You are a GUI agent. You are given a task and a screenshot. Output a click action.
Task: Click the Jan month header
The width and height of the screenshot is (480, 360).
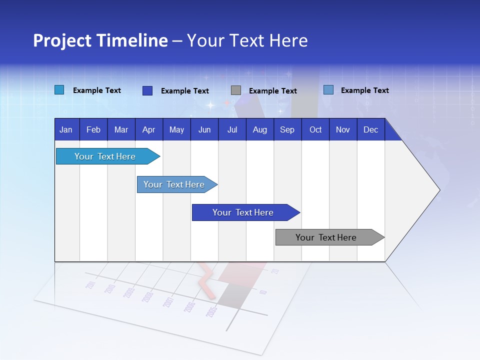point(66,130)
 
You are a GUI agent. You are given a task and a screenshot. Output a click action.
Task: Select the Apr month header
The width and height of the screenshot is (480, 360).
point(148,130)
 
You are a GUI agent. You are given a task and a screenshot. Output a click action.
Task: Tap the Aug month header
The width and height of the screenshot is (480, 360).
point(259,130)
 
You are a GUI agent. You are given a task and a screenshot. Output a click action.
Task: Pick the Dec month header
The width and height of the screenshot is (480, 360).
point(370,130)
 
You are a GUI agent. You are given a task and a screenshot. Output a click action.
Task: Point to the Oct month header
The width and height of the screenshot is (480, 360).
point(315,130)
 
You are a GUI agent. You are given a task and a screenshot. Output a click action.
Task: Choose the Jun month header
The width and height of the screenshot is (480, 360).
point(204,130)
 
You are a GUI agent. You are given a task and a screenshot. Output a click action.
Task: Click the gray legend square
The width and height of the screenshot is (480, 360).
point(236,90)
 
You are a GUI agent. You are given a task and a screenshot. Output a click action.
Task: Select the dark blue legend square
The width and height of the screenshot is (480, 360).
point(147,90)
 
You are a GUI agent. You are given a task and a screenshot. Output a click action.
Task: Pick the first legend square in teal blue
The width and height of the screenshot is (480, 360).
point(59,90)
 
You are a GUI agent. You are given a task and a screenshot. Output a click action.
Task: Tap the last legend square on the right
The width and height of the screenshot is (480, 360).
point(328,90)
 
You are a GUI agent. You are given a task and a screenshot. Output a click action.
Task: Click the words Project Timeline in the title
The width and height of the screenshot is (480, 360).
point(100,40)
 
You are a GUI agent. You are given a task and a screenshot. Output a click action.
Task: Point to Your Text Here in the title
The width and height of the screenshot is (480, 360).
point(247,40)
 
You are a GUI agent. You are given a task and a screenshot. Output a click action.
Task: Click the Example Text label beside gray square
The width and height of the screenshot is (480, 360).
point(272,91)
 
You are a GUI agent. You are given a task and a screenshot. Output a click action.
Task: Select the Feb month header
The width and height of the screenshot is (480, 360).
point(93,130)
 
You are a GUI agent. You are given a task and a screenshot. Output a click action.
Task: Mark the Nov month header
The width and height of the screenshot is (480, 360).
point(343,130)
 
